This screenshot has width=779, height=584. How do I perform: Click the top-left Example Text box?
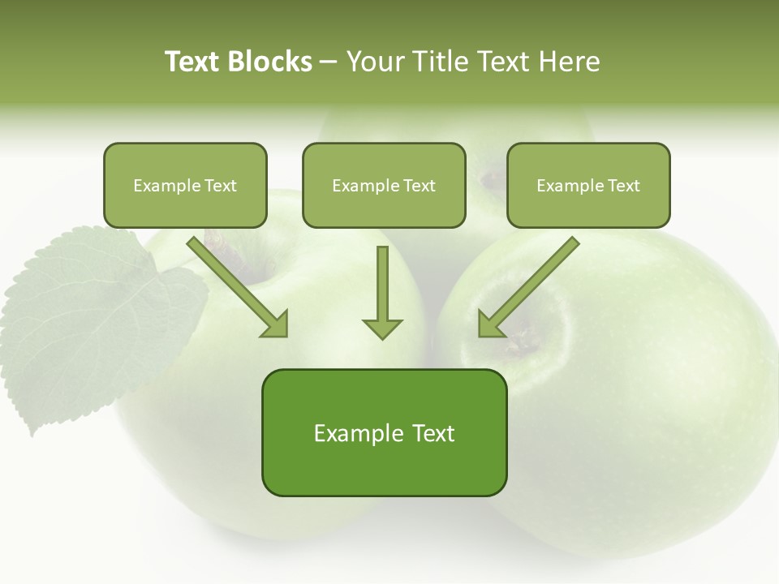[185, 185]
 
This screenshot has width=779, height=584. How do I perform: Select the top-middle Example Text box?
[384, 185]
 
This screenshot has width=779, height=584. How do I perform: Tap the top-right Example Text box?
[588, 185]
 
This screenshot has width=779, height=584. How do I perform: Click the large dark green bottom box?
[384, 432]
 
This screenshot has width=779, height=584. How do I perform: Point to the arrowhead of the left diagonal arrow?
[276, 324]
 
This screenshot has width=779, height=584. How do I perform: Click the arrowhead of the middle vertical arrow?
[382, 328]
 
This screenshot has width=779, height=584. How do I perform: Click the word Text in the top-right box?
[623, 186]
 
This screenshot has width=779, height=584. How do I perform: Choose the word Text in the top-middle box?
[419, 186]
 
